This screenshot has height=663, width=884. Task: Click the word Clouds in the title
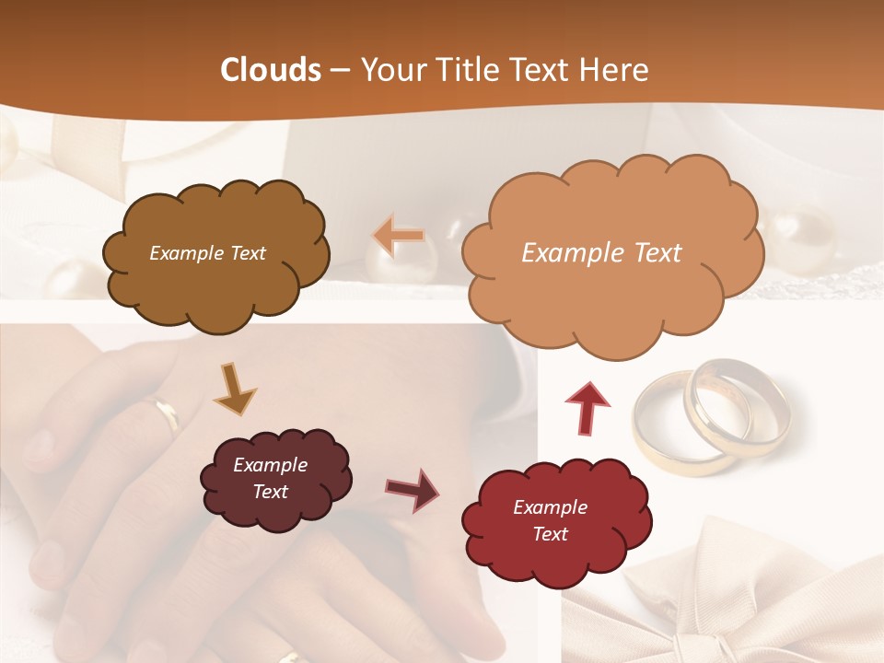click(x=271, y=70)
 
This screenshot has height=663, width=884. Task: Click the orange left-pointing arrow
click(x=399, y=237)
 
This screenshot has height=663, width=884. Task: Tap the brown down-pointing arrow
click(x=235, y=388)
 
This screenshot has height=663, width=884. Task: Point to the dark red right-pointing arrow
click(x=412, y=489)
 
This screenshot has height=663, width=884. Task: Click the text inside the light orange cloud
click(x=601, y=253)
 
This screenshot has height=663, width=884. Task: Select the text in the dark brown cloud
click(x=207, y=253)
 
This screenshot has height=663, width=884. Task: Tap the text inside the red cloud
click(x=550, y=520)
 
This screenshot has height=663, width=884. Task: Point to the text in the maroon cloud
click(x=270, y=478)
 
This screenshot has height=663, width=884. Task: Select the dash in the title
click(x=340, y=70)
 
